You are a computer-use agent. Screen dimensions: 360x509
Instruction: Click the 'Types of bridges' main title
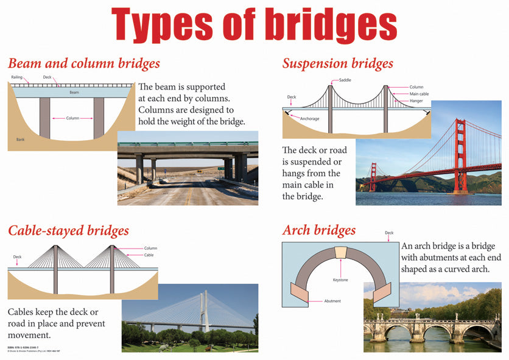coord(254,26)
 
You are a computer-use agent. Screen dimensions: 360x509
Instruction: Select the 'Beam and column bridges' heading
coord(84,63)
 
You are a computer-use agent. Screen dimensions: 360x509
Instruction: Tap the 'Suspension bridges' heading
coord(337,63)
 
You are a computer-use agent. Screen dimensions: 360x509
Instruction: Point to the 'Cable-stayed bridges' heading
coord(68,230)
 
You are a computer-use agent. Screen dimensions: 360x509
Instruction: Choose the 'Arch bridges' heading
coord(319,230)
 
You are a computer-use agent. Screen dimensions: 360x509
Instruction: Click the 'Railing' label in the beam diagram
coord(16,77)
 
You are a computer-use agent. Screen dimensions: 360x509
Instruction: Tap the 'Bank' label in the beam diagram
coord(21,140)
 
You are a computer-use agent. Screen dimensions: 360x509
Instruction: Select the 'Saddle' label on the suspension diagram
coord(345,80)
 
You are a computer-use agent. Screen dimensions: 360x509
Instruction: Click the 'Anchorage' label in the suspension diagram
coord(310,118)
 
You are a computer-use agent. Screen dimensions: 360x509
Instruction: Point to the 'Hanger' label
coord(416,101)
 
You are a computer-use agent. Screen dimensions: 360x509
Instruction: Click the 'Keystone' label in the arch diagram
coord(340,280)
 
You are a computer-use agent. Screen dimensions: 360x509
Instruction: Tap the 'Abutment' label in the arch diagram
coord(332,301)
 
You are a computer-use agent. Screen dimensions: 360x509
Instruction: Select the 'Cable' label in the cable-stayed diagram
coord(149,255)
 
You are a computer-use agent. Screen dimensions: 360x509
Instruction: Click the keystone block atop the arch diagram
coord(340,252)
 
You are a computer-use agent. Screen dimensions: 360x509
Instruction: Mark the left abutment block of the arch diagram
coord(301,294)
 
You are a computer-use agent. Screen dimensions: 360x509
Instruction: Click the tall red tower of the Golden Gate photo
coord(460,155)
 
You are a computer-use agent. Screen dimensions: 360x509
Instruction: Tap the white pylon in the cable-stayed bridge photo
coord(202,311)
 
